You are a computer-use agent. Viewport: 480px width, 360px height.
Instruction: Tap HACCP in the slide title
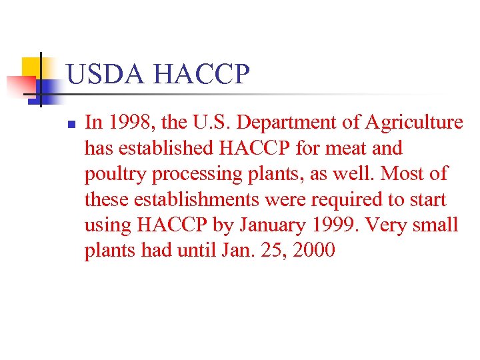(x=201, y=75)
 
